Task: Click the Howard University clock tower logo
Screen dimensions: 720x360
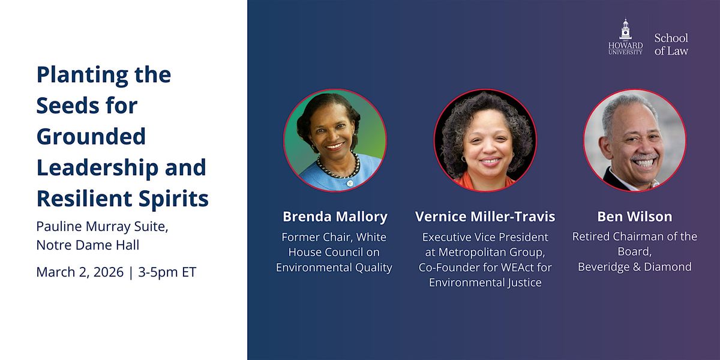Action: point(625,37)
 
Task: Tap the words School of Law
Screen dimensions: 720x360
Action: point(671,44)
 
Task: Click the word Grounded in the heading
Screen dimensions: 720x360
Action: point(91,136)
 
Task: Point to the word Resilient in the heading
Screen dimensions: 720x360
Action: point(85,198)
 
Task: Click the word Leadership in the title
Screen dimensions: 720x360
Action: point(98,168)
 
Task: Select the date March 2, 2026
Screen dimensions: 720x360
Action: point(80,272)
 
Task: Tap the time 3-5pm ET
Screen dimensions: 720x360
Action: point(167,272)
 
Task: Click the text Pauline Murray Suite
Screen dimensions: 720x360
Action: point(102,227)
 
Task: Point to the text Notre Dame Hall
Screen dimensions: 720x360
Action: point(88,245)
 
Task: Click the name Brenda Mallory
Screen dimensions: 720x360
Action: point(335,217)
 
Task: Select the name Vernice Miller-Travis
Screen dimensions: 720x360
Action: point(485,217)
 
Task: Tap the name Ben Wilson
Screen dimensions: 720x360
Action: point(635,217)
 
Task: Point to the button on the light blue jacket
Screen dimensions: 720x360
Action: point(349,183)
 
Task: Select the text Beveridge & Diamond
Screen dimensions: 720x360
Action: point(635,267)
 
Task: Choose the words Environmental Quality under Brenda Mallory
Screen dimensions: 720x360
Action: point(334,268)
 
